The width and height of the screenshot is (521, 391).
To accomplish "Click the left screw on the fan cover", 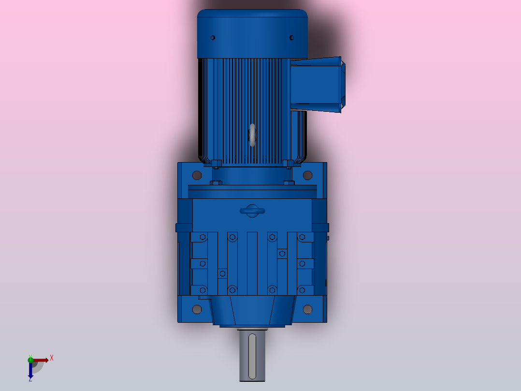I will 213,37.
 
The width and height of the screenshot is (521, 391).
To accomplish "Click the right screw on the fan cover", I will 291,37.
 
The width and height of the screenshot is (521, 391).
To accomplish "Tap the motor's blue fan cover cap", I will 252,29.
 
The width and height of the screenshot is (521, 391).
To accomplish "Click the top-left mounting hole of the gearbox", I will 197,175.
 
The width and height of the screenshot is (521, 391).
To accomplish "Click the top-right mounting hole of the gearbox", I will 307,175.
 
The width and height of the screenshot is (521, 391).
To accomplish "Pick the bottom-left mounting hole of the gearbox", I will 197,309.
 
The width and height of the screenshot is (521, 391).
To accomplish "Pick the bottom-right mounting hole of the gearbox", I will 307,309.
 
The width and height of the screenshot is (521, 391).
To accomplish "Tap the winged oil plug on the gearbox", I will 252,211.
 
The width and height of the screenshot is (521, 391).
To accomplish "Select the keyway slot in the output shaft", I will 252,356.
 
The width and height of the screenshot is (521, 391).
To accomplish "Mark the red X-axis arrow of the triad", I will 42,360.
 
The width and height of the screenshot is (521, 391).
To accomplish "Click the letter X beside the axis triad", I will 51,358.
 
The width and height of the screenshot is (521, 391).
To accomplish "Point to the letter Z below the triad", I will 30,380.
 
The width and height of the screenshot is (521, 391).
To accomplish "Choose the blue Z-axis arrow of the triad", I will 30,371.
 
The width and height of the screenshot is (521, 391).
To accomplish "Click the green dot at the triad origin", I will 30,360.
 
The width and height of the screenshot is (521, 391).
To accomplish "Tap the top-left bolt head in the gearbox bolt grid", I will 203,237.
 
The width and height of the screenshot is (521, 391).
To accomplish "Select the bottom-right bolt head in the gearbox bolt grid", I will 302,290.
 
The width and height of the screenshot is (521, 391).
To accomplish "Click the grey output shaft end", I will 252,368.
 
